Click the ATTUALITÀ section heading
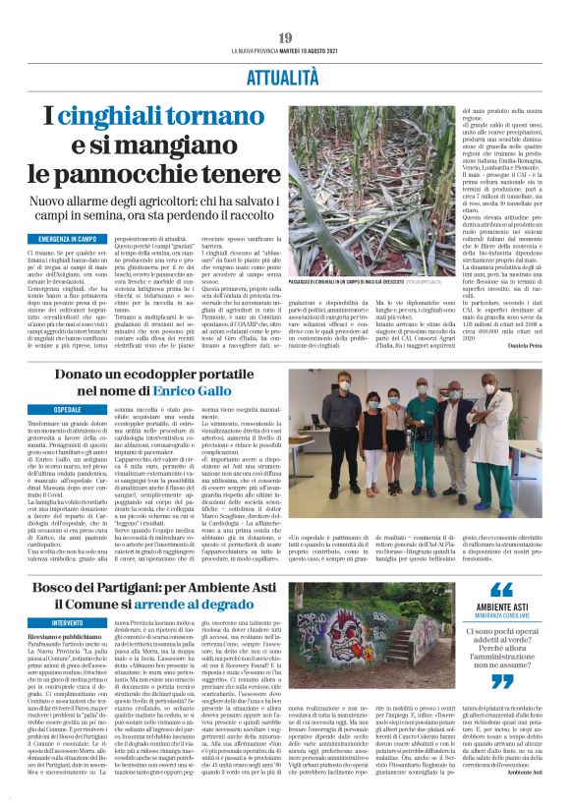click(285, 73)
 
